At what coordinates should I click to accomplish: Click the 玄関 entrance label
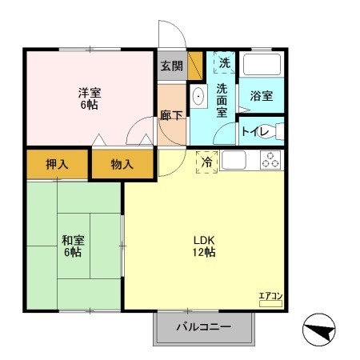click(171, 66)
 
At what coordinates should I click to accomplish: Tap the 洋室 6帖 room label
click(89, 97)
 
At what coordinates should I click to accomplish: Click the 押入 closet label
click(56, 165)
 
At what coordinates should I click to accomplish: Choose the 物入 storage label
click(122, 165)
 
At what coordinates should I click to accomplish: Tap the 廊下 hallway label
click(171, 115)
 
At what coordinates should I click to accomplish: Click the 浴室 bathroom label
click(261, 96)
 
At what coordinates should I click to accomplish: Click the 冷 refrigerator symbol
click(207, 162)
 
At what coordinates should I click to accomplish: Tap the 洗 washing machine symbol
click(224, 62)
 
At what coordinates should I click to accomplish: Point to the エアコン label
click(270, 297)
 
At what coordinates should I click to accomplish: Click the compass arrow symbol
click(318, 330)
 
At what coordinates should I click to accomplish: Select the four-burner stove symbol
click(270, 160)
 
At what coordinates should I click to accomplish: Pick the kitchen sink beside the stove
click(236, 160)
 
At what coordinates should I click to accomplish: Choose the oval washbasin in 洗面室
click(200, 97)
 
